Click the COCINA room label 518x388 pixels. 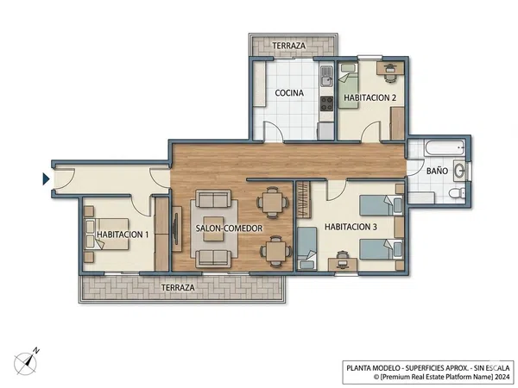pos(289,93)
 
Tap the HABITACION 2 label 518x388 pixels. pos(370,97)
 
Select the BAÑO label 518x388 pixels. pos(437,171)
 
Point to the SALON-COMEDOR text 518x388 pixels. pos(229,228)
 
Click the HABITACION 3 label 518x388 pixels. pos(351,227)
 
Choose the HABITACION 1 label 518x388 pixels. pos(123,235)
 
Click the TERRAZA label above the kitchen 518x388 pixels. pos(288,46)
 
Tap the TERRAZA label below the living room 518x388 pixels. pos(178,287)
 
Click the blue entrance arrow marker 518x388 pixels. pos(46,179)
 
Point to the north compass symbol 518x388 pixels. pos(27,362)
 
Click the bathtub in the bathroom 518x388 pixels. pos(445,148)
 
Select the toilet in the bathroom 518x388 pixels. pos(458,193)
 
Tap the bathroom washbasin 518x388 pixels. pos(459,171)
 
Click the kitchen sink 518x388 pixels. pos(326,76)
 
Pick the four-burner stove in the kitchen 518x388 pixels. pos(327,103)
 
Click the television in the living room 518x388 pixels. pos(176,228)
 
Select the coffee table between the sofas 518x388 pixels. pos(213,228)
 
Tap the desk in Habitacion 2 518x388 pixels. pos(390,68)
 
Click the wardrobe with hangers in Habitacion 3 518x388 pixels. pos(303,200)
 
